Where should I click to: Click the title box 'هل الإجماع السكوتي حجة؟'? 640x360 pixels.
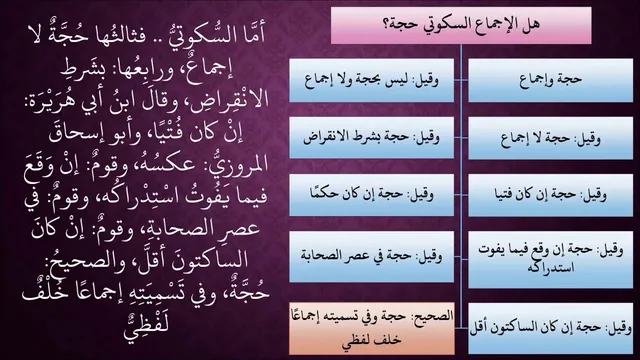point(461,25)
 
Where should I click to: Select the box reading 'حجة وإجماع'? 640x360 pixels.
point(551,80)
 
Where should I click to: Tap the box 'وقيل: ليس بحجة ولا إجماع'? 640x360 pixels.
point(371,80)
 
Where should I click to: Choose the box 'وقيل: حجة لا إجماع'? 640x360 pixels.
point(551,138)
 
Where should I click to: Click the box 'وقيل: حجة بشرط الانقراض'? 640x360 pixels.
point(371,138)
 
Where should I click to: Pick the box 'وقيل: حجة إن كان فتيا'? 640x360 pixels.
point(551,195)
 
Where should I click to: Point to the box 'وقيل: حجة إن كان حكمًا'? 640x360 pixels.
point(371,195)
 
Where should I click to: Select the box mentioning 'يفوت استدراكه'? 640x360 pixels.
point(551,260)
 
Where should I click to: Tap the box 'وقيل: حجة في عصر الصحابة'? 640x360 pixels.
point(371,256)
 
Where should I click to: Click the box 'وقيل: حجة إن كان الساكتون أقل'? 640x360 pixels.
point(551,328)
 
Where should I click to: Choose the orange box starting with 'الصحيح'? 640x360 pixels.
point(371,328)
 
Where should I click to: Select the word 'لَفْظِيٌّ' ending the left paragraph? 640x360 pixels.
point(147,324)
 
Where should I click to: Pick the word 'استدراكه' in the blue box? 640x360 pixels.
point(551,268)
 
